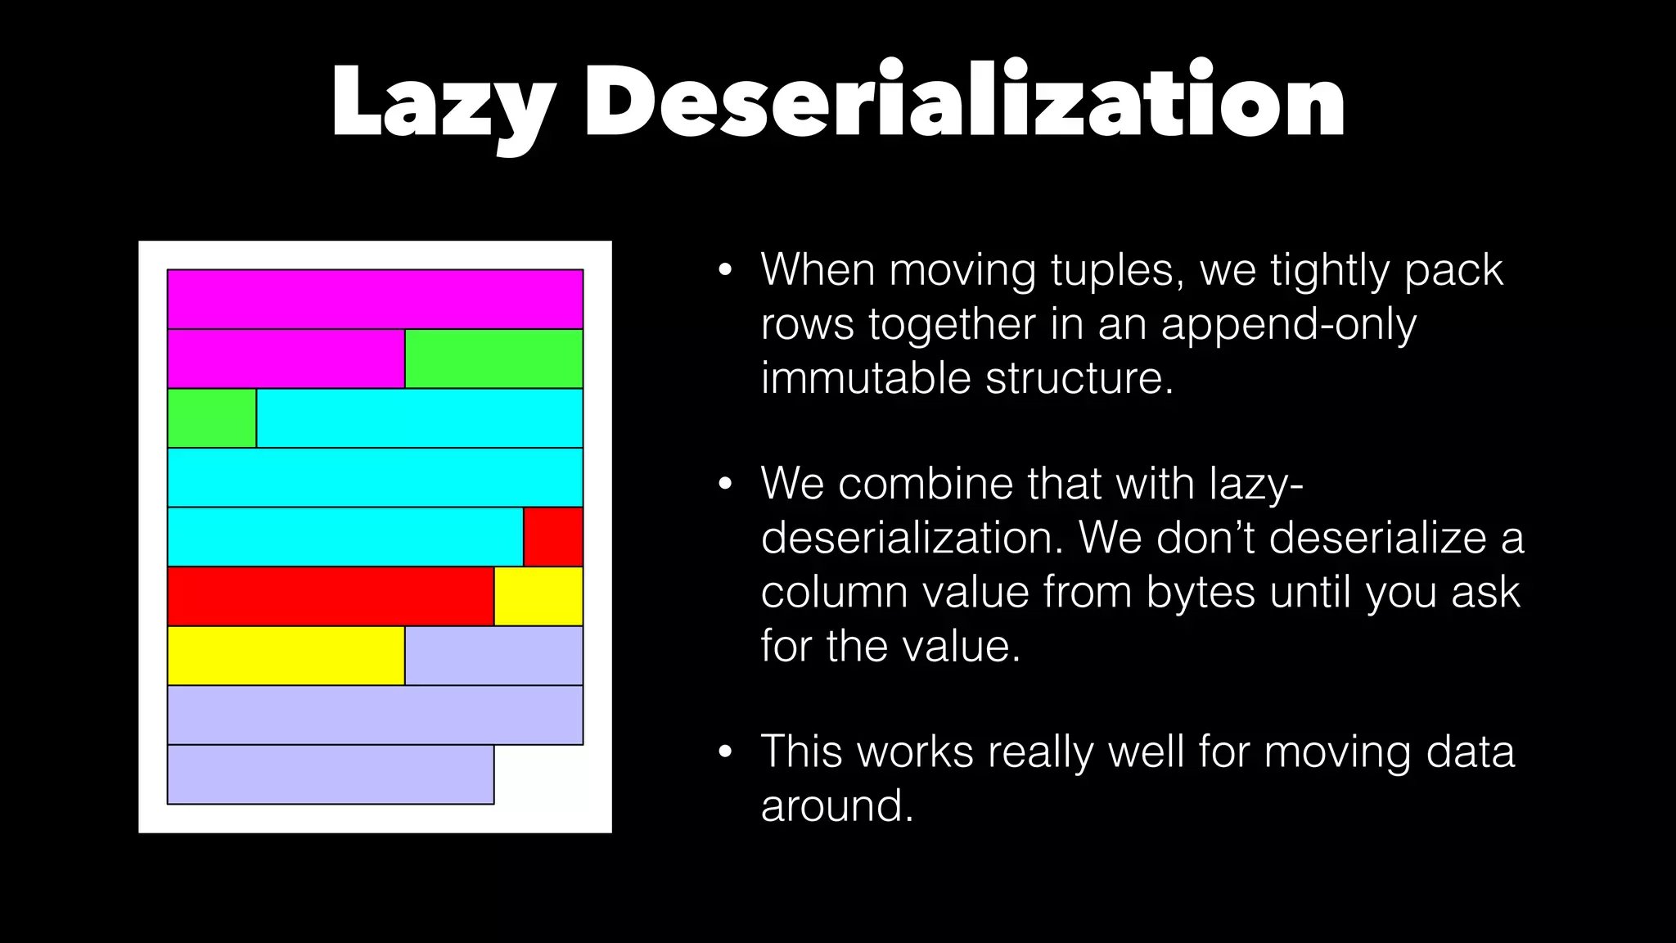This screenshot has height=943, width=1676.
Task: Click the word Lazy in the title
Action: coord(442,102)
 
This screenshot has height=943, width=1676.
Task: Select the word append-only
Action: coord(1288,324)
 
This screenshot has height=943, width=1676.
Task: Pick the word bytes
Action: coord(1200,592)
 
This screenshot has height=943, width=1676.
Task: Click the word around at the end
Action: coord(836,805)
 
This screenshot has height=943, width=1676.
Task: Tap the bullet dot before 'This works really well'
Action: coord(724,752)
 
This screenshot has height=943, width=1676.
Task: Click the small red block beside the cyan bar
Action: coord(553,537)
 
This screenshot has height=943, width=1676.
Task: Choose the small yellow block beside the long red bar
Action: coord(538,596)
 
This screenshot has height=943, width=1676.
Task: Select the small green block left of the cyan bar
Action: coord(212,418)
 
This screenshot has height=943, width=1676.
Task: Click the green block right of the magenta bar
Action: coord(493,359)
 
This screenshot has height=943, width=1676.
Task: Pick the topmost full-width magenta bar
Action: coord(375,299)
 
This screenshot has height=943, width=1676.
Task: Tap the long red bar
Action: coord(331,596)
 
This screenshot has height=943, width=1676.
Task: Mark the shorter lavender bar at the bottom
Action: coord(331,774)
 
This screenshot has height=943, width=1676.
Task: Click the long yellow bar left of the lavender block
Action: coord(286,656)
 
